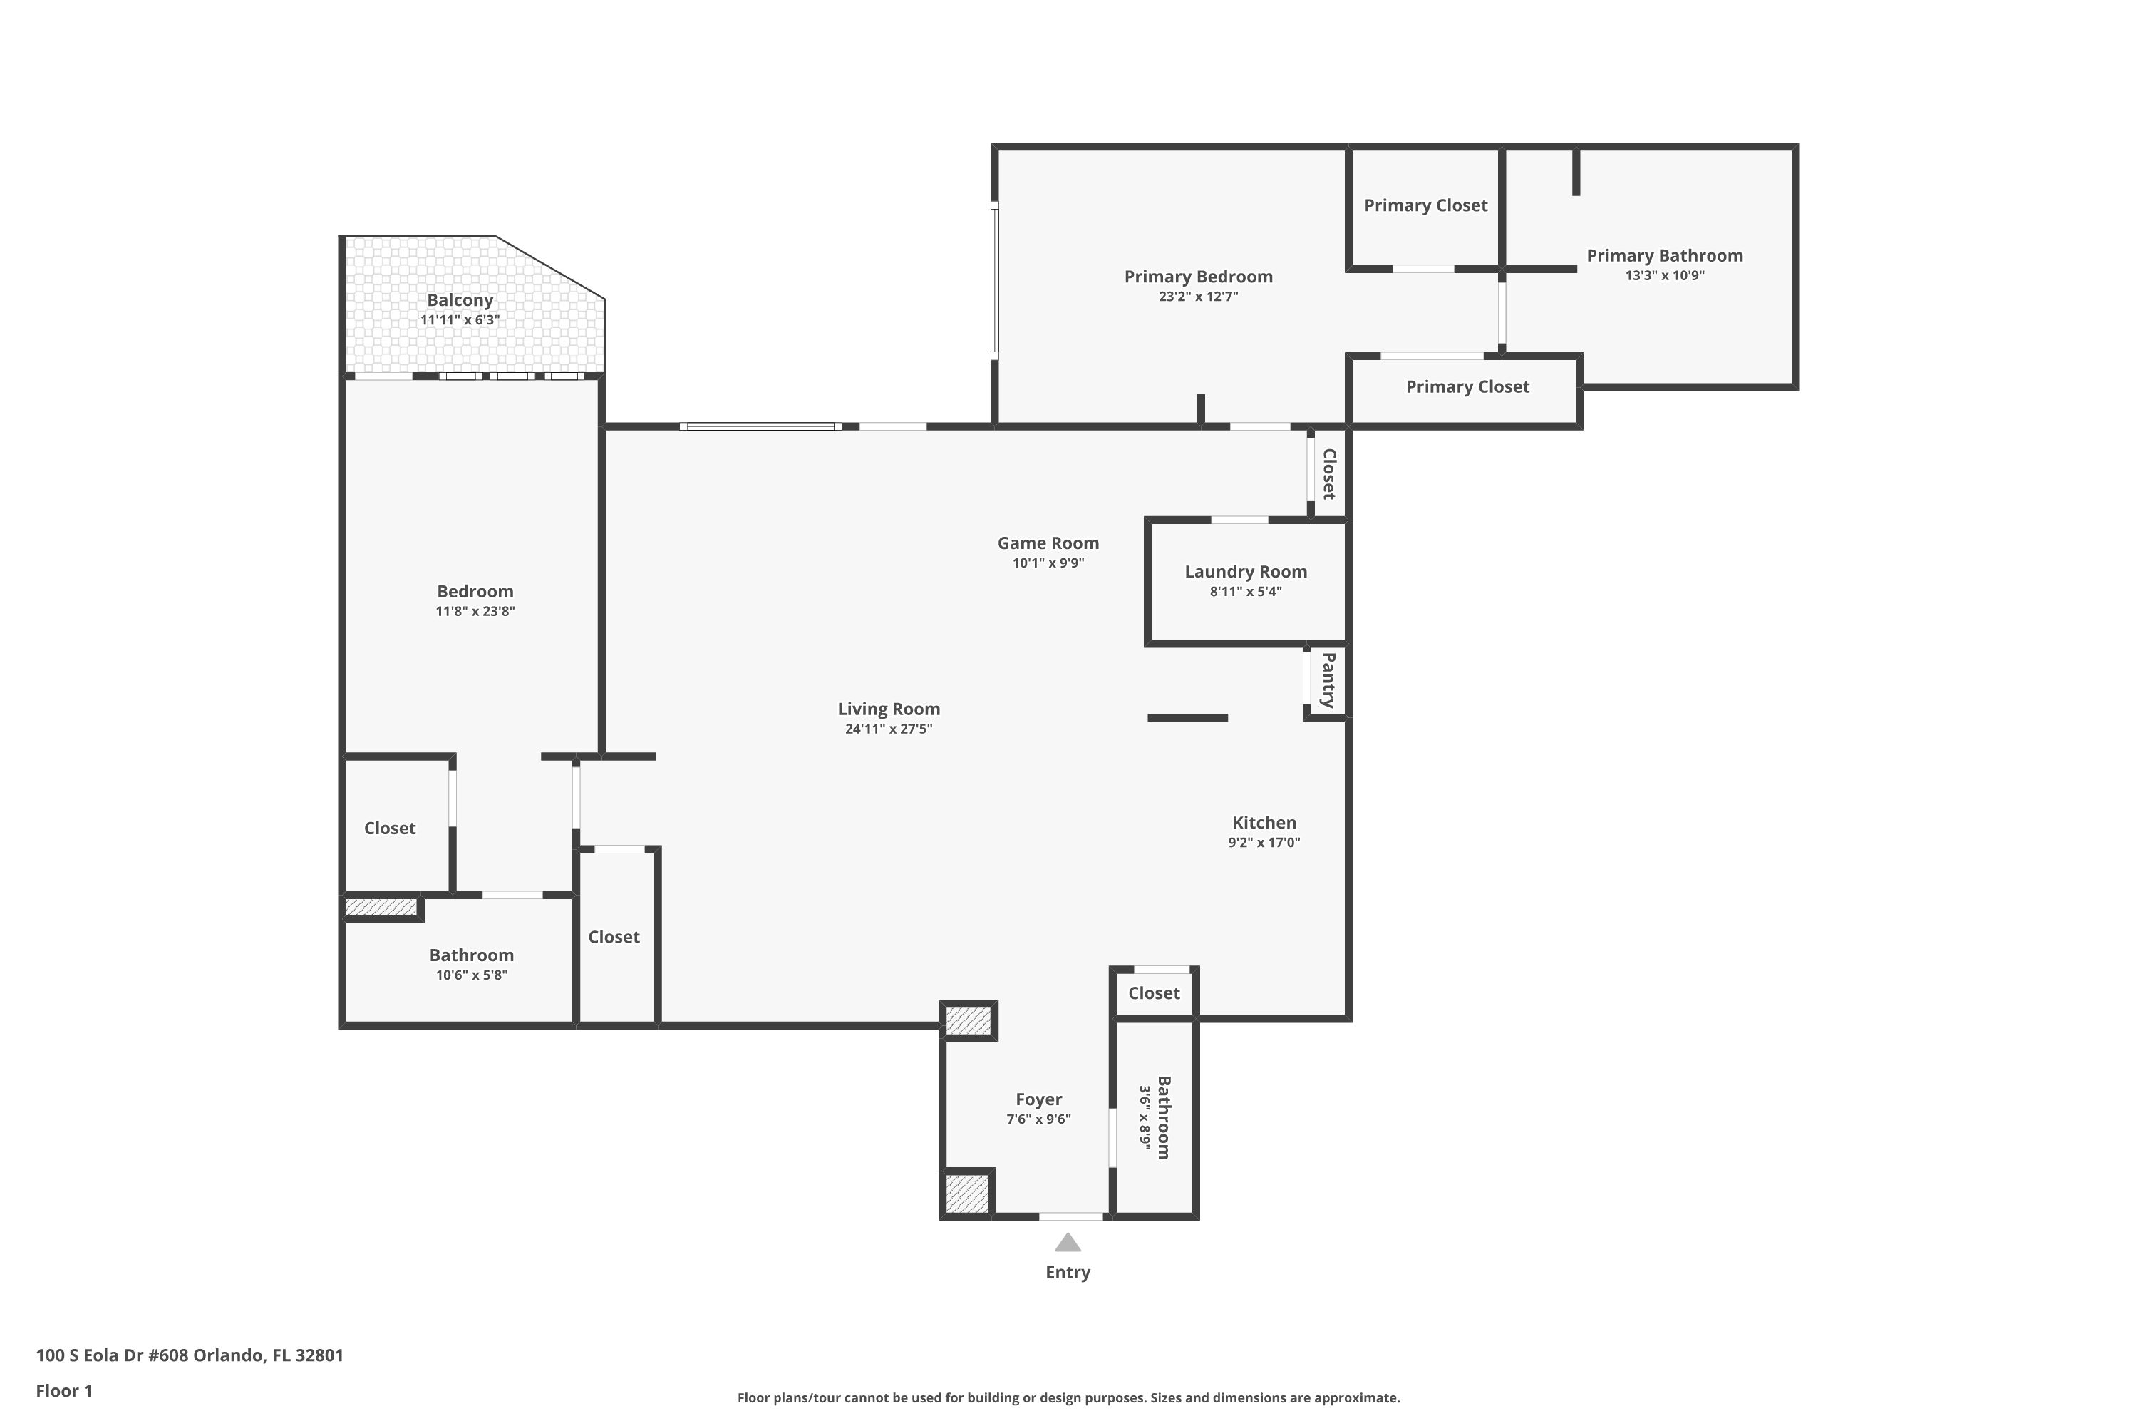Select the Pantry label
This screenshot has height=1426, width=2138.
1328,679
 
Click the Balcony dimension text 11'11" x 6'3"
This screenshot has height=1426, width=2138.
460,320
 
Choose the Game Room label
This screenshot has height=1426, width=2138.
1048,543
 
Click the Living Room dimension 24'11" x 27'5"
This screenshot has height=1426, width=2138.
888,729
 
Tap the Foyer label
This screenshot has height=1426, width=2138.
1038,1099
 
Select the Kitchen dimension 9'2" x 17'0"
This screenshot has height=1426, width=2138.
1264,842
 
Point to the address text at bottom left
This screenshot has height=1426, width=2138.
190,1355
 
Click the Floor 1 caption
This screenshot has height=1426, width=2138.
65,1390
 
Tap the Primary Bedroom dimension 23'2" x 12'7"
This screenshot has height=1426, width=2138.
1198,297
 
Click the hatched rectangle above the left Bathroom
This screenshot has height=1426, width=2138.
381,908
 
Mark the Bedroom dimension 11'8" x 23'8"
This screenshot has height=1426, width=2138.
475,611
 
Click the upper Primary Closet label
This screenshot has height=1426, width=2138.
1425,205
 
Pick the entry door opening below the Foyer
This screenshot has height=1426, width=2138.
1071,1216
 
